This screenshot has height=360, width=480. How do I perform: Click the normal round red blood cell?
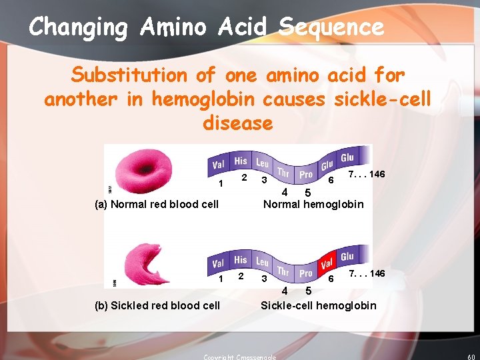(x=143, y=171)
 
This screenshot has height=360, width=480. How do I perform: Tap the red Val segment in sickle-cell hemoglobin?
(x=327, y=263)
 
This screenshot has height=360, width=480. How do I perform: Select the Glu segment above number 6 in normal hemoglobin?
(x=327, y=165)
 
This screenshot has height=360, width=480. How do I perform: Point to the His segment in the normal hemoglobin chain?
(x=241, y=161)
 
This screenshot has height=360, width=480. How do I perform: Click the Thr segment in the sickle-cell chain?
(x=283, y=271)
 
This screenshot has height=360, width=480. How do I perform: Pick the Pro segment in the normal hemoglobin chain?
(x=305, y=175)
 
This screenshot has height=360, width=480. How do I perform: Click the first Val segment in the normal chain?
(x=218, y=165)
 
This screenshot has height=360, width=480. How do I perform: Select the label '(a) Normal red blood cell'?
(x=157, y=204)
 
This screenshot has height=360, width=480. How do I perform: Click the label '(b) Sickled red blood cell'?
(x=157, y=305)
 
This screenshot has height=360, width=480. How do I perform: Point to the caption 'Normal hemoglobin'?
(x=313, y=204)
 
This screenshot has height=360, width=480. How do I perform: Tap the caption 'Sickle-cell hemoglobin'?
(x=318, y=305)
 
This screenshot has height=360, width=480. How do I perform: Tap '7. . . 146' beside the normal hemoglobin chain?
(x=367, y=174)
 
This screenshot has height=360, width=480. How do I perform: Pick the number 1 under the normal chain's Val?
(x=220, y=184)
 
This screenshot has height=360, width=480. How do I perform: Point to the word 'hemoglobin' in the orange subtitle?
(x=203, y=99)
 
